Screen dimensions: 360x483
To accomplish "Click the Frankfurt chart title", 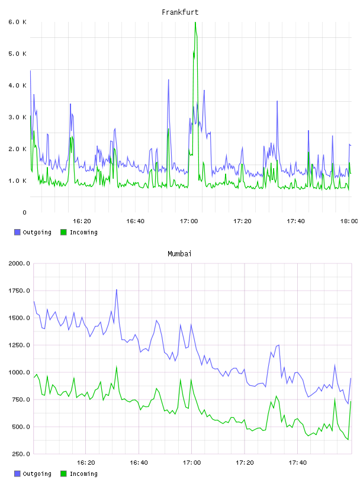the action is (180, 12).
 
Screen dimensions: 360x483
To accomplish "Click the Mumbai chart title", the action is (179, 254).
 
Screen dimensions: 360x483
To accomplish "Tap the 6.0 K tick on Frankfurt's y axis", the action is (18, 22).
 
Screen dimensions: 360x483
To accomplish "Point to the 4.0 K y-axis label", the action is (18, 85).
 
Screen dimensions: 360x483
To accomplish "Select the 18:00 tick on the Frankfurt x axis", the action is (349, 221).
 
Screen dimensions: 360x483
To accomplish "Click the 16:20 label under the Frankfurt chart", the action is (82, 221).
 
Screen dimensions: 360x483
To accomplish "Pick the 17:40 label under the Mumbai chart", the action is (297, 463).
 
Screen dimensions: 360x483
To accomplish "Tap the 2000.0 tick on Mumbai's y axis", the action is (19, 263).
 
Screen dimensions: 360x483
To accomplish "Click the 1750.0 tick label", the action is (19, 291).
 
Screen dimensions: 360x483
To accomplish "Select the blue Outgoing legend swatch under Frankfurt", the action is (17, 232).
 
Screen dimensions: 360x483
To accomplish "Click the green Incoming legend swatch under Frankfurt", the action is (63, 232).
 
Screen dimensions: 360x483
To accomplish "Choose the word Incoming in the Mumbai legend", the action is (83, 474).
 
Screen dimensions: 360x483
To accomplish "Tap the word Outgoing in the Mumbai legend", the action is (37, 474).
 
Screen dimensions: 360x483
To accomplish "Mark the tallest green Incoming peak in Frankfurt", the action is (195, 22).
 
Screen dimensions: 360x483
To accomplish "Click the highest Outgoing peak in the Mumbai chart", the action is (117, 290).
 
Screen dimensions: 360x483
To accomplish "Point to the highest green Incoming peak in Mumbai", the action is (117, 366).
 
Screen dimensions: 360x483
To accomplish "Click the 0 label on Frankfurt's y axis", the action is (25, 212).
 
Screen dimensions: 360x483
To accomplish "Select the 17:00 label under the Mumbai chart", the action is (192, 463).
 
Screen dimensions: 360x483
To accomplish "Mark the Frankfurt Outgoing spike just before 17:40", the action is (277, 101).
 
